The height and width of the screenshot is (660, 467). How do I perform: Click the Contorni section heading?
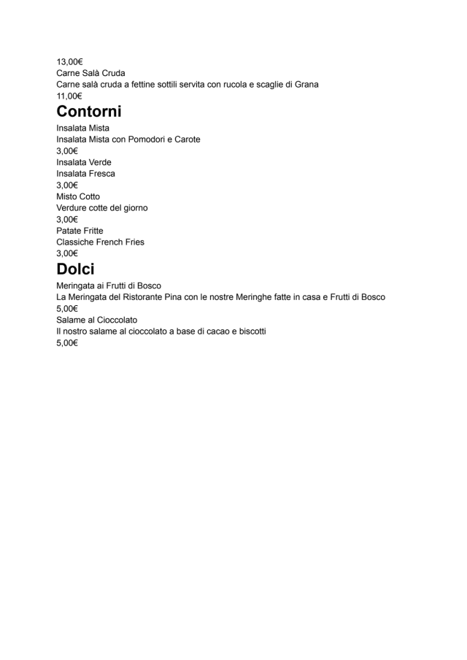point(89,112)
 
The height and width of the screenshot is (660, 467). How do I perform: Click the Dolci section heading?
point(75,269)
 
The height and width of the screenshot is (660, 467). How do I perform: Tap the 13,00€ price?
point(69,61)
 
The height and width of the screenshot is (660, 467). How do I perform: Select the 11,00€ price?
point(69,96)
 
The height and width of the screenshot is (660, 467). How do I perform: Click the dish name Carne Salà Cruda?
point(90,73)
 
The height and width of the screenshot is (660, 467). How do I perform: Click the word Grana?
point(306,85)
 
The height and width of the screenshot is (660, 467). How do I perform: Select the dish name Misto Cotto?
point(78,196)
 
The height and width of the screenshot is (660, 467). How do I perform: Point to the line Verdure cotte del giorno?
point(102,208)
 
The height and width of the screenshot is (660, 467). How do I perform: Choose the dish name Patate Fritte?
point(80,231)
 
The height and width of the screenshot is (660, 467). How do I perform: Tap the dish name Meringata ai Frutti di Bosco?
point(109,285)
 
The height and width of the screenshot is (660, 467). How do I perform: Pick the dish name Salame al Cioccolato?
point(96,320)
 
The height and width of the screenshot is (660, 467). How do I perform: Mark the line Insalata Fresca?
point(85,174)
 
